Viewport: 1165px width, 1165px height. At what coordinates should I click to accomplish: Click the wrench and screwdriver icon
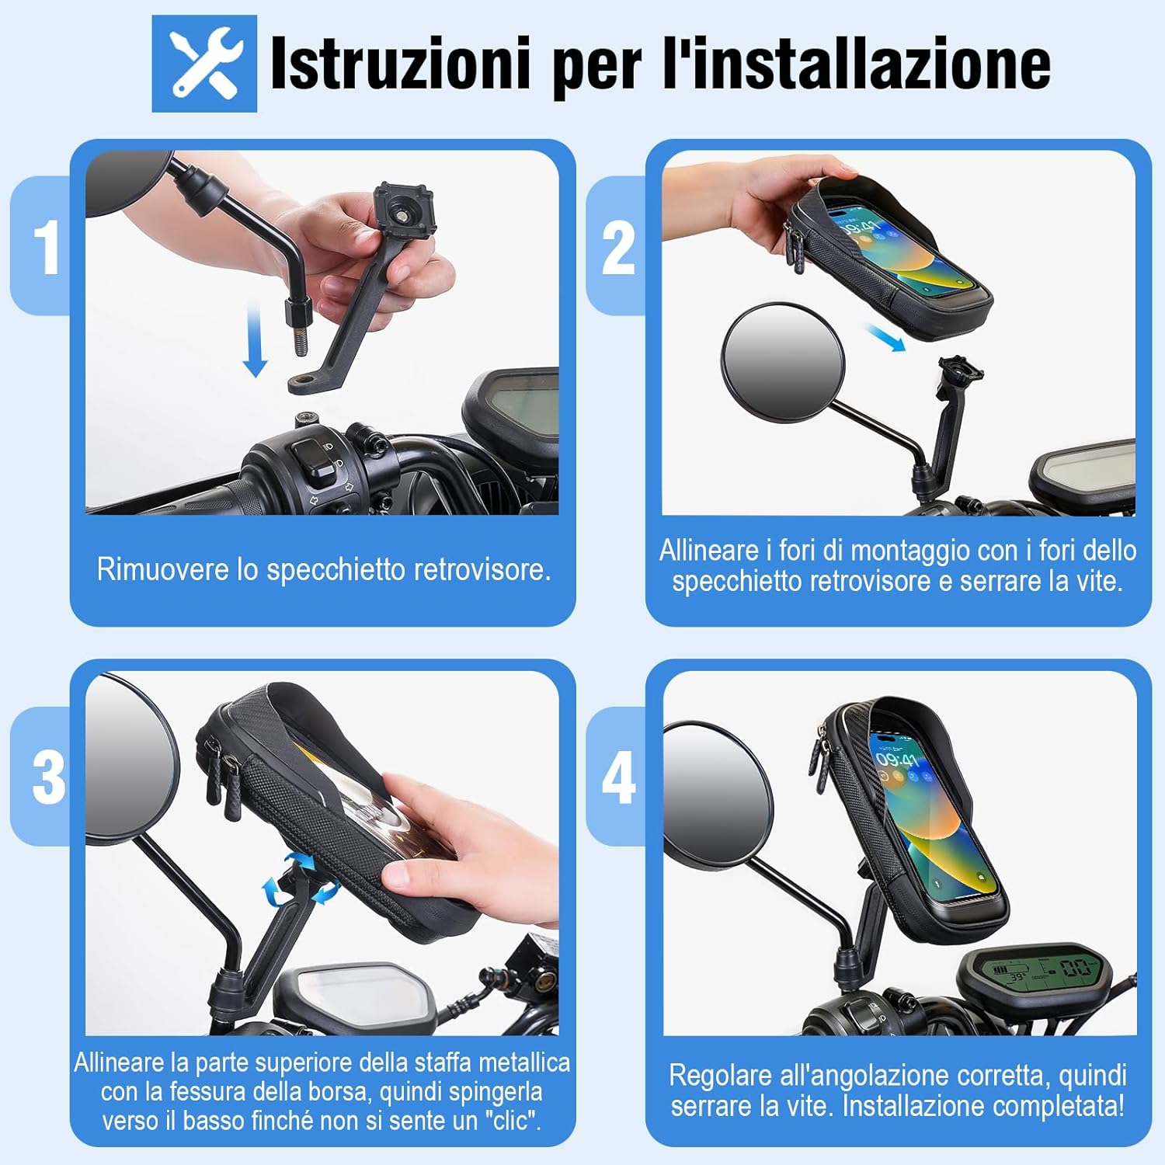click(x=204, y=64)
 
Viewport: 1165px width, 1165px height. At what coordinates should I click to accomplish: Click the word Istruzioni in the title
click(x=400, y=64)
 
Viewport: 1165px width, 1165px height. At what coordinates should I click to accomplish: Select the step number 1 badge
click(x=47, y=247)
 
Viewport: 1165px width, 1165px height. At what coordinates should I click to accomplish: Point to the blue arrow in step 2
click(x=885, y=338)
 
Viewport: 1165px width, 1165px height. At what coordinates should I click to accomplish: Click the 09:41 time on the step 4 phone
click(x=897, y=756)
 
